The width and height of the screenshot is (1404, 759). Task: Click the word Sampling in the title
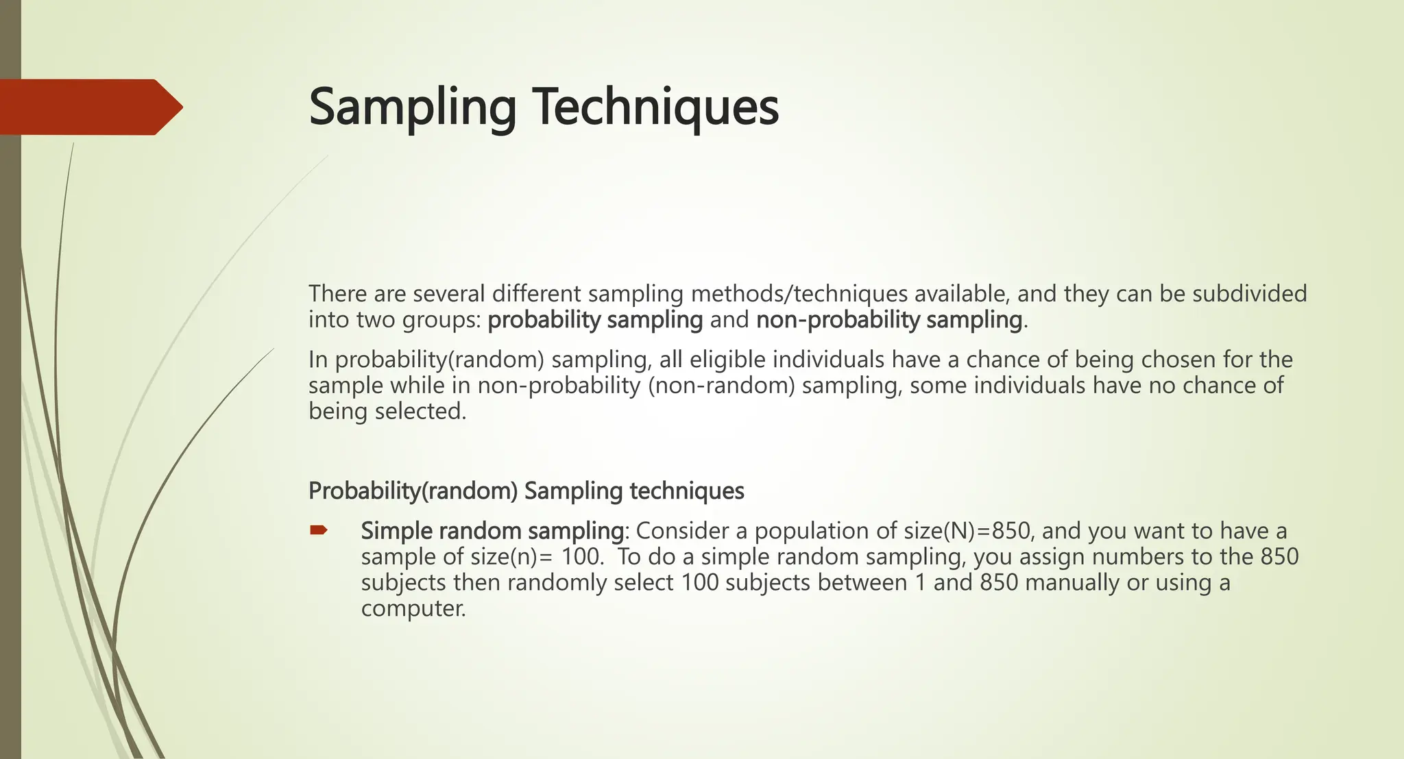point(412,108)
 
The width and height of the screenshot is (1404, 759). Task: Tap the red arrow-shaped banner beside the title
point(89,107)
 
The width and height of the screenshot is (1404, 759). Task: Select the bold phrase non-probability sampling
point(889,320)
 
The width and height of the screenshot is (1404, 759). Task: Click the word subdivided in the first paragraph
point(1249,294)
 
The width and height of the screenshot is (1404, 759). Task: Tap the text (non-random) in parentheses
point(721,386)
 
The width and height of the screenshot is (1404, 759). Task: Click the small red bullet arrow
point(319,530)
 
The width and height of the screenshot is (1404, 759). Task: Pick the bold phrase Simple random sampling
point(492,531)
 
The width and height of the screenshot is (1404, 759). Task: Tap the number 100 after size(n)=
point(582,557)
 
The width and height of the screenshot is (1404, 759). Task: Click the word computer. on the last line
point(413,608)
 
